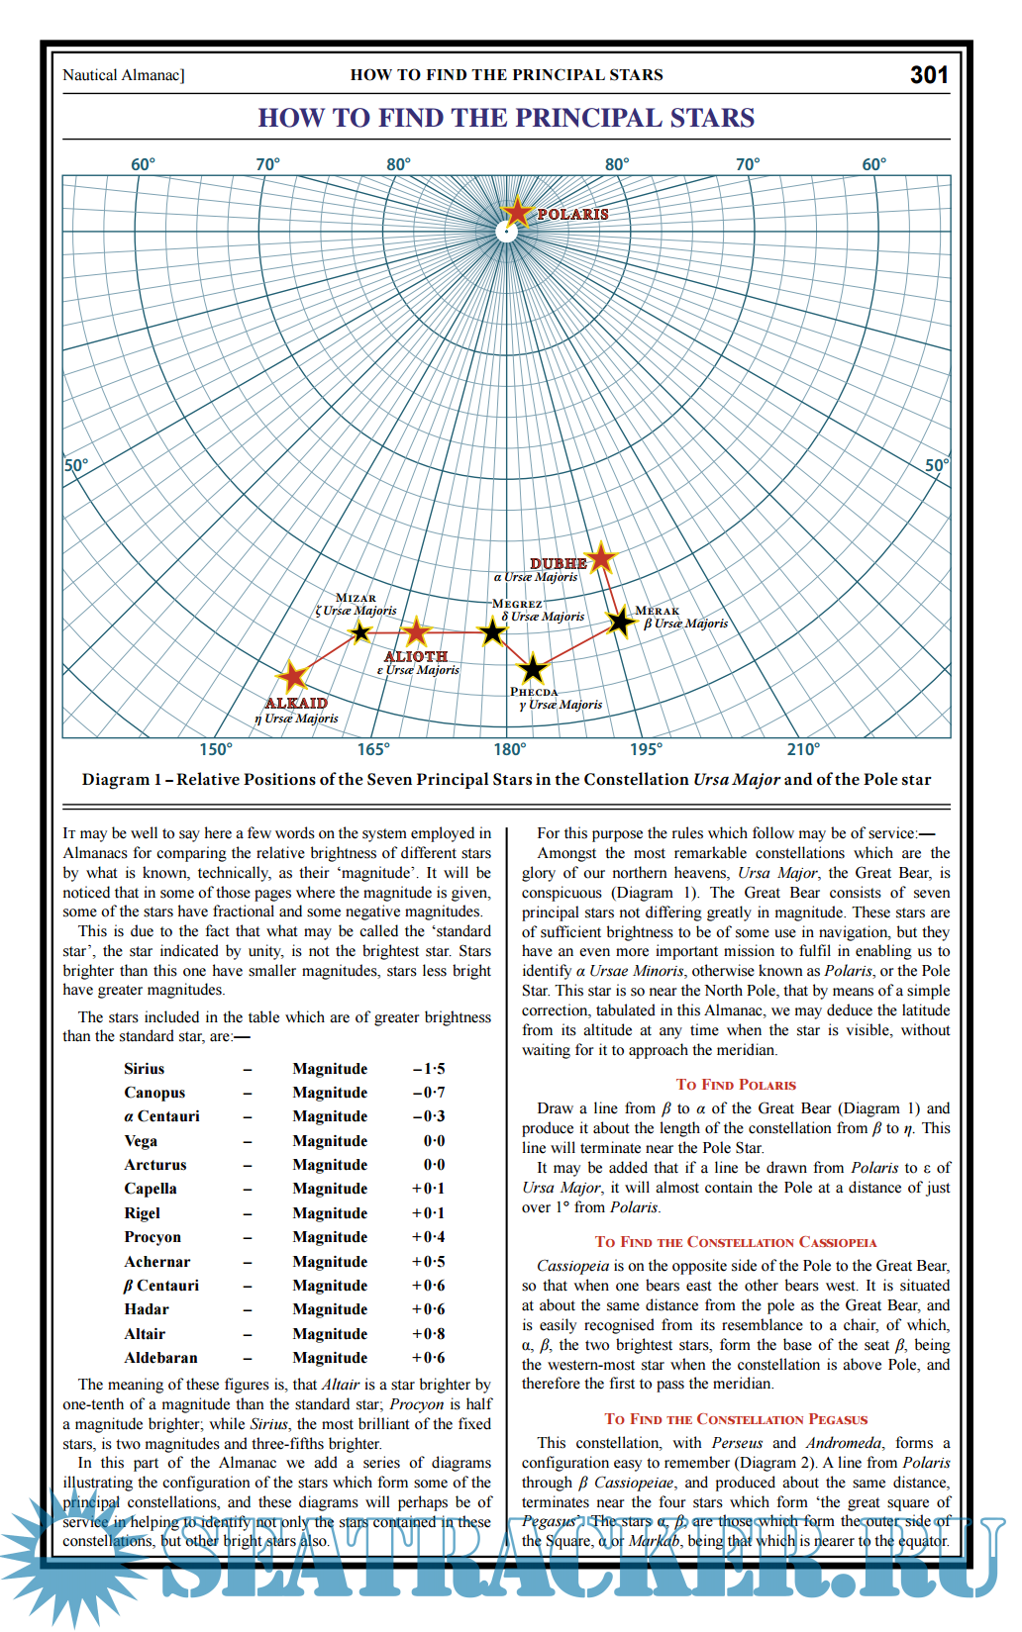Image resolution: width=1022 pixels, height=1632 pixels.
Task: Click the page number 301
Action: tap(929, 75)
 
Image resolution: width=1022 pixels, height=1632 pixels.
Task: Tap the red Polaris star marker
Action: tap(517, 211)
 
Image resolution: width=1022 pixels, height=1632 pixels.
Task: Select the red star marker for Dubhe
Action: tap(601, 558)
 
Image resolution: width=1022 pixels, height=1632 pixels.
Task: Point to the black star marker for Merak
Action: tap(621, 622)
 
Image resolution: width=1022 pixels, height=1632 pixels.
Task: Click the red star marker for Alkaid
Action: tap(293, 677)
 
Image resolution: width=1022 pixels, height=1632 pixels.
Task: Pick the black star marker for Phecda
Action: tap(533, 669)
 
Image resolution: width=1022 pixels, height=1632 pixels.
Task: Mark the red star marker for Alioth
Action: tap(417, 630)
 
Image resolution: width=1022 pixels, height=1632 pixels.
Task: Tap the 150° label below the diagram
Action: tap(216, 749)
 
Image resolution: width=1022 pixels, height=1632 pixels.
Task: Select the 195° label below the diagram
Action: tap(646, 749)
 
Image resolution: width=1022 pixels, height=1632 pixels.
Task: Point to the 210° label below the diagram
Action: tap(803, 749)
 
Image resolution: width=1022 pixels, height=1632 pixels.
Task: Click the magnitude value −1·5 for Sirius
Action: tap(429, 1069)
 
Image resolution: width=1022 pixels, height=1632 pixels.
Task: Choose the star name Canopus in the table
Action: tap(154, 1093)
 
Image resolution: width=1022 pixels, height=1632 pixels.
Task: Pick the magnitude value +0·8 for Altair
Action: tap(429, 1334)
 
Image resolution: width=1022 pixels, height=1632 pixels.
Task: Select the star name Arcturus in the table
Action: tap(155, 1165)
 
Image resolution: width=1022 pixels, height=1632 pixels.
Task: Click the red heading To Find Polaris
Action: tap(736, 1085)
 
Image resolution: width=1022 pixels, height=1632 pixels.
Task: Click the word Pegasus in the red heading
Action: tap(838, 1419)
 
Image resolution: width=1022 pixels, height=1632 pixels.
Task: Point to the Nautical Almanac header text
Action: tap(124, 75)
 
